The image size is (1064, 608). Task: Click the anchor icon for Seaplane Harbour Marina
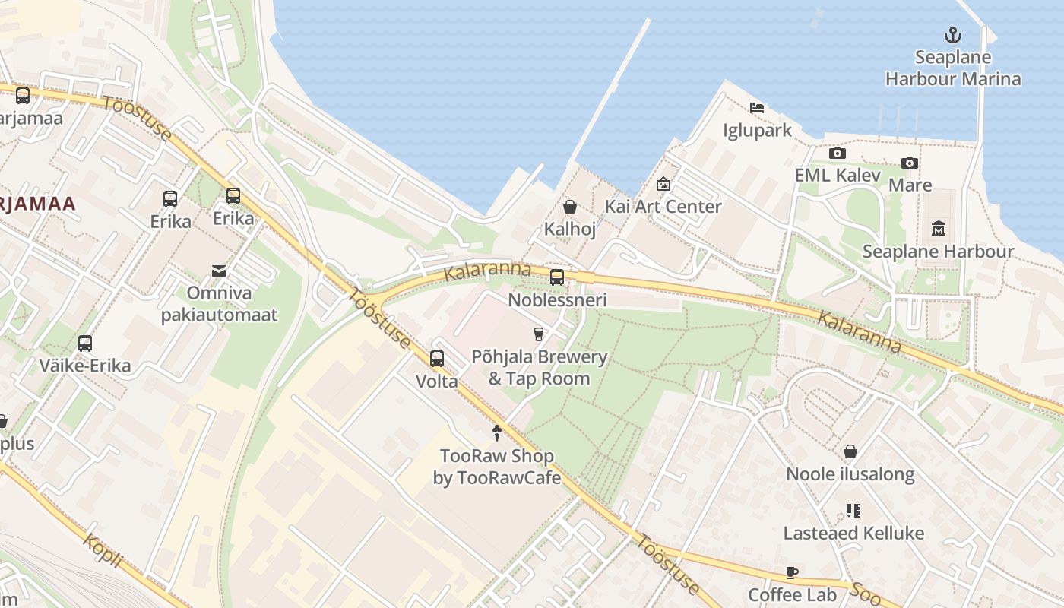pyautogui.click(x=952, y=35)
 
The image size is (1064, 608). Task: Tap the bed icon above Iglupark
pyautogui.click(x=756, y=108)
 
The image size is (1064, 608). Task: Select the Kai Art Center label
pyautogui.click(x=663, y=207)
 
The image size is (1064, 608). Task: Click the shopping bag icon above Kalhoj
pyautogui.click(x=569, y=207)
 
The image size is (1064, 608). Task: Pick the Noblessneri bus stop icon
pyautogui.click(x=557, y=277)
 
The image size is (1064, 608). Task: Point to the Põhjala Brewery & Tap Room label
pyautogui.click(x=539, y=368)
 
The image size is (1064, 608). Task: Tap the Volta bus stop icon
pyautogui.click(x=437, y=359)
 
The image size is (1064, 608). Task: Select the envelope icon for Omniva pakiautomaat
pyautogui.click(x=219, y=271)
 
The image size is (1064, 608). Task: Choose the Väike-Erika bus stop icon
pyautogui.click(x=85, y=344)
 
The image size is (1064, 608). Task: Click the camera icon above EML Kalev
pyautogui.click(x=837, y=154)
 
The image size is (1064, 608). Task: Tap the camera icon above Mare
pyautogui.click(x=909, y=163)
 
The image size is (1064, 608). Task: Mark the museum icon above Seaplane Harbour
pyautogui.click(x=938, y=229)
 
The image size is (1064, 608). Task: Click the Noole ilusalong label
pyautogui.click(x=850, y=474)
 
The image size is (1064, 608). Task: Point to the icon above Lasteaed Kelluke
pyautogui.click(x=853, y=511)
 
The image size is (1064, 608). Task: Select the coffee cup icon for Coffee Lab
pyautogui.click(x=792, y=573)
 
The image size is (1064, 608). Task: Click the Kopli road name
pyautogui.click(x=103, y=551)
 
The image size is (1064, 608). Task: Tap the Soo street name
pyautogui.click(x=866, y=594)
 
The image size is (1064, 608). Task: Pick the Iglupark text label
pyautogui.click(x=757, y=131)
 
